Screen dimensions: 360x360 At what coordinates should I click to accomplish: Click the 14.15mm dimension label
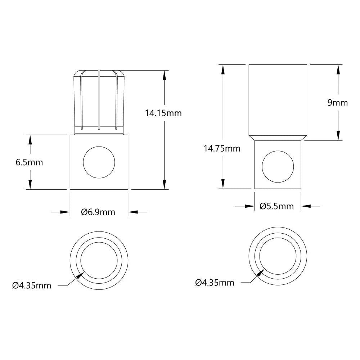pyautogui.click(x=163, y=113)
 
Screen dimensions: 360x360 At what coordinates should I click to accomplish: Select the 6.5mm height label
pyautogui.click(x=29, y=162)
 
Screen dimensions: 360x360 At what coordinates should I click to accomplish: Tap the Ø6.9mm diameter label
pyautogui.click(x=98, y=212)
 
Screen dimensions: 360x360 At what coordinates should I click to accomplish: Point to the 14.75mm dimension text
pyautogui.click(x=222, y=148)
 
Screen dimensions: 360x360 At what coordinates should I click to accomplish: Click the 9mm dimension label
pyautogui.click(x=337, y=103)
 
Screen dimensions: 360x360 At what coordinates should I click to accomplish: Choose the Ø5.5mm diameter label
pyautogui.click(x=276, y=206)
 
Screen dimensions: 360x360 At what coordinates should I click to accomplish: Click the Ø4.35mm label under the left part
pyautogui.click(x=32, y=285)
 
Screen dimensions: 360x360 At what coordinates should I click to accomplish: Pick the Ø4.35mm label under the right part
pyautogui.click(x=215, y=283)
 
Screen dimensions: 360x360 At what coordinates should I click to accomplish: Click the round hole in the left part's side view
pyautogui.click(x=99, y=162)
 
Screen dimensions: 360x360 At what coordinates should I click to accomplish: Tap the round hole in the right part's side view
pyautogui.click(x=278, y=167)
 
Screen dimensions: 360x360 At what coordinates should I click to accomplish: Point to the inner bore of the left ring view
pyautogui.click(x=99, y=259)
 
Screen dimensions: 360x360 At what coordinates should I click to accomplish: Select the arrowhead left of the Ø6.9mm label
pyautogui.click(x=65, y=212)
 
